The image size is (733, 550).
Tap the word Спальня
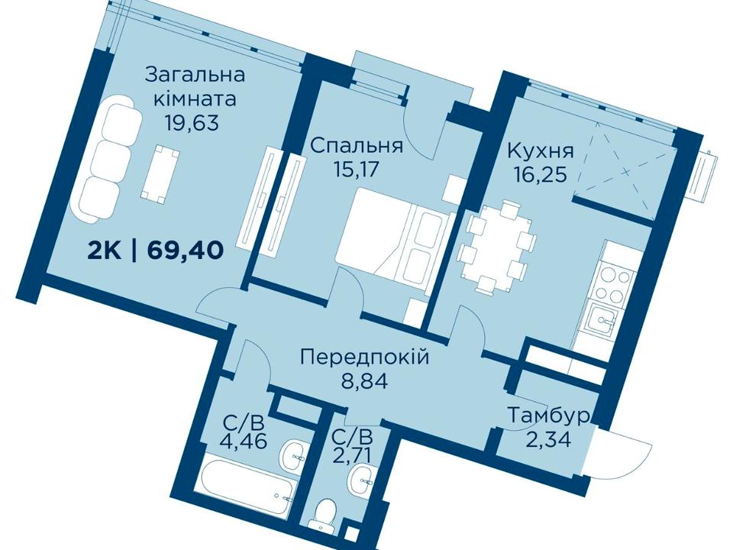point(357,146)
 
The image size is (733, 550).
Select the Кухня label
point(541,152)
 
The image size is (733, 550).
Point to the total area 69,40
point(185,251)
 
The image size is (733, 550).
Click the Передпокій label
point(365,358)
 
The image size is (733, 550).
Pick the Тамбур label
point(548,416)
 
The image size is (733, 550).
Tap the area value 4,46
point(244,441)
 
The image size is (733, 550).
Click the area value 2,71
point(353,454)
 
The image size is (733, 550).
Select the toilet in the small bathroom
point(327,514)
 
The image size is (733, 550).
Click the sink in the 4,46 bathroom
point(295,454)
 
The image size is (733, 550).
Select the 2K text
point(105,251)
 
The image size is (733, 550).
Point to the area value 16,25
point(541,175)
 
